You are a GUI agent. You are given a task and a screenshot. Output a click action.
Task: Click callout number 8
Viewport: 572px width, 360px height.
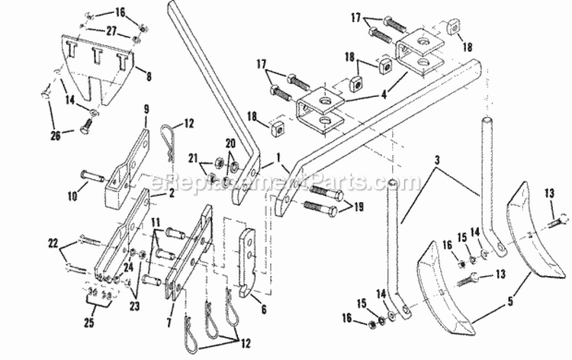tap(148, 76)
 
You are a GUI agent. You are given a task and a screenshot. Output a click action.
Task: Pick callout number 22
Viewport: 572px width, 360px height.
tap(51, 242)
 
